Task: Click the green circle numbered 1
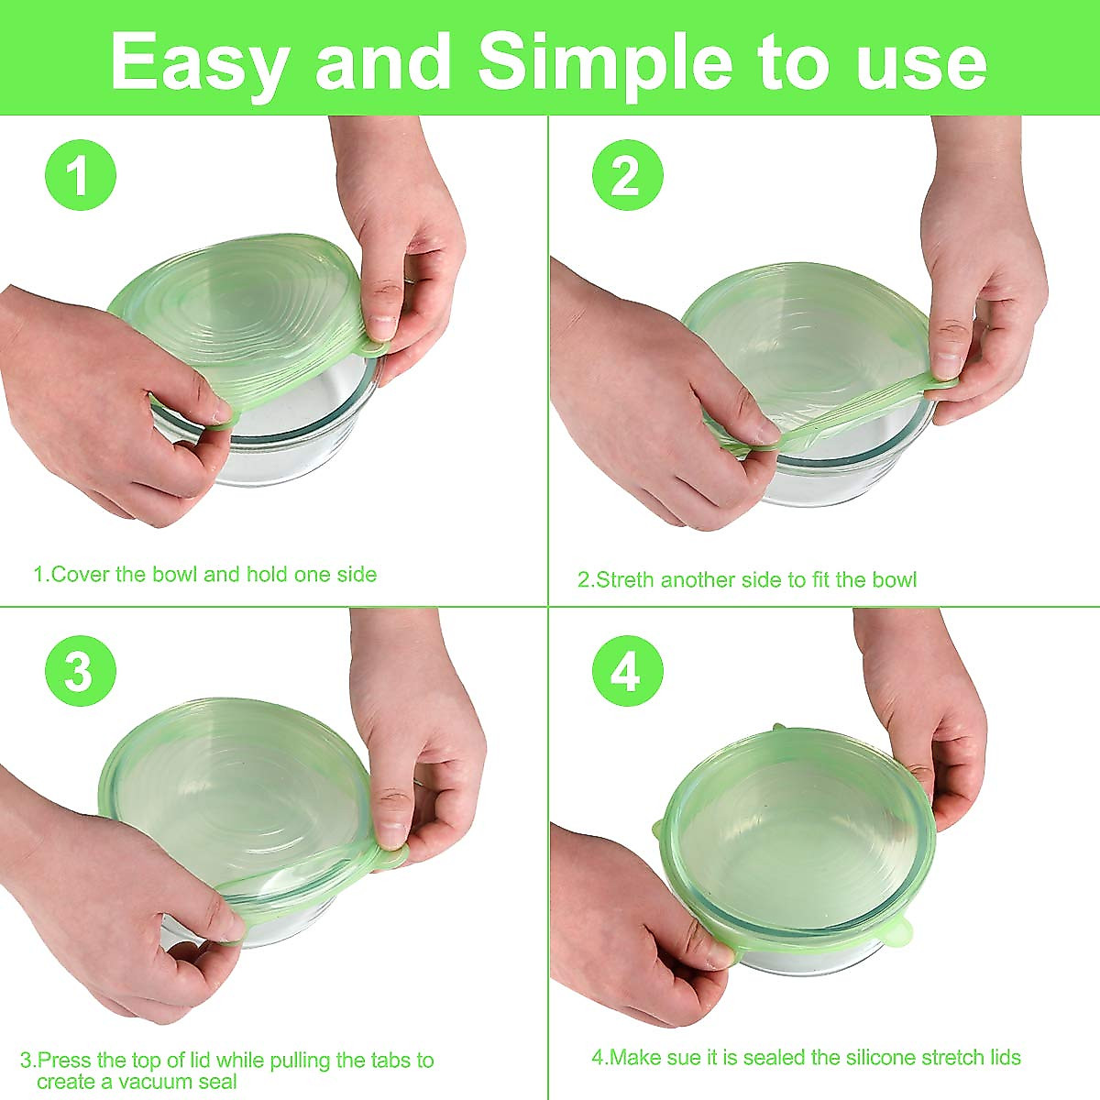click(x=81, y=175)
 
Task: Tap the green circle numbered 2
click(x=627, y=175)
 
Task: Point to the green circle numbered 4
click(x=627, y=672)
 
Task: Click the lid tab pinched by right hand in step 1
click(x=371, y=346)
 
